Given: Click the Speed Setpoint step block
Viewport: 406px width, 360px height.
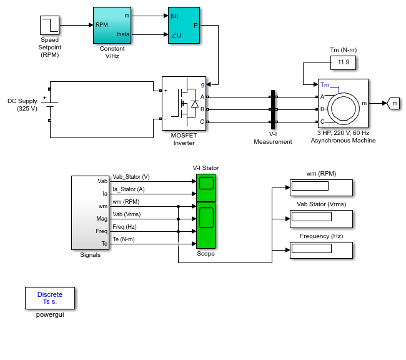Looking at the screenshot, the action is pos(50,25).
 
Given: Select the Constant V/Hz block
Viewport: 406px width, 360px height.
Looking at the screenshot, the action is pos(112,25).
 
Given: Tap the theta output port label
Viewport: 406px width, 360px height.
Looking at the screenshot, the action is pos(122,34).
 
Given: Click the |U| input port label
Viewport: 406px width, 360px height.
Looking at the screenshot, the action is pos(174,16).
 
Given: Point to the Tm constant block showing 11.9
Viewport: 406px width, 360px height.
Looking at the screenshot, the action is pos(344,62).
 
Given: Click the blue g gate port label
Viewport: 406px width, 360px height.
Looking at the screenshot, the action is pos(202,84).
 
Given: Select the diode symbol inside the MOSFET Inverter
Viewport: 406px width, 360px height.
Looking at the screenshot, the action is pos(195,104).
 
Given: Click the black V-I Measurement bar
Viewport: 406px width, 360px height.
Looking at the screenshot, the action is pos(273,109).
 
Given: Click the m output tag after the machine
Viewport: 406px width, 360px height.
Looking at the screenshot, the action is pos(394,103).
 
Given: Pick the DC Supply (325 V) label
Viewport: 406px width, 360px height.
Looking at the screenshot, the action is pos(22,105).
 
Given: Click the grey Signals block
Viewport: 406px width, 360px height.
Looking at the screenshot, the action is pos(90,212).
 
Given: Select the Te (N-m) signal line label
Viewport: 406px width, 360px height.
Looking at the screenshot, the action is pos(124,239).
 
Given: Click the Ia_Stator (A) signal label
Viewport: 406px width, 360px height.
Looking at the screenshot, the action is pos(129,189).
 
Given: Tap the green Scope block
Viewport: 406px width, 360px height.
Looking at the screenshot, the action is pos(206,211).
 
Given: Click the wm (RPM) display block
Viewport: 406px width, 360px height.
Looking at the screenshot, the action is pos(321,187).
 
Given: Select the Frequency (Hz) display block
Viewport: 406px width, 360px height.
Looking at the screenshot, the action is pos(321,250).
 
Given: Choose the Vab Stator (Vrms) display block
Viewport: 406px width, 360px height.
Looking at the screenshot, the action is pos(321,219).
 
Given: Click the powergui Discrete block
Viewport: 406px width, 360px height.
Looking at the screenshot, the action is pos(50,298).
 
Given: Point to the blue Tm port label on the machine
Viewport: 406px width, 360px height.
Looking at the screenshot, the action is pos(325,85).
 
